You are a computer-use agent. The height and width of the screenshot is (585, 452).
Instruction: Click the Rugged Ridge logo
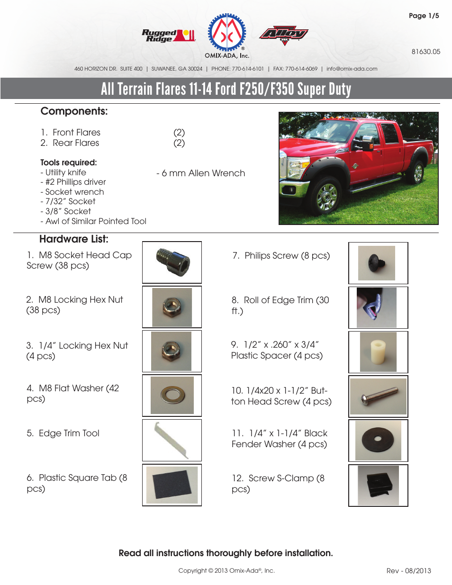click(x=168, y=36)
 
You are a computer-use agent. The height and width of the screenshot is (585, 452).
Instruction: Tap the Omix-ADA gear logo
click(x=228, y=33)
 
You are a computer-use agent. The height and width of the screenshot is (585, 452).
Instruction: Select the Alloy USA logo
click(x=284, y=35)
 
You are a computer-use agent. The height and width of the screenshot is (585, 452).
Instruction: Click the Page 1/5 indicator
click(x=424, y=16)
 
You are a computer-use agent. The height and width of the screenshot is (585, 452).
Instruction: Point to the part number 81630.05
click(x=425, y=52)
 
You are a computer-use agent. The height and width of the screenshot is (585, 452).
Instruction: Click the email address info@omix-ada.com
click(x=352, y=69)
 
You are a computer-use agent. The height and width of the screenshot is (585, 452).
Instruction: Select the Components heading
click(x=74, y=111)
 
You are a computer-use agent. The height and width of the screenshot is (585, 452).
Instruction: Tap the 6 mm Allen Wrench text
click(x=201, y=173)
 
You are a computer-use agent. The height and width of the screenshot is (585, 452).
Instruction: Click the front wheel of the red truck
click(x=326, y=196)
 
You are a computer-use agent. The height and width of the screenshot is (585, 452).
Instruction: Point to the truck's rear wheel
click(x=418, y=172)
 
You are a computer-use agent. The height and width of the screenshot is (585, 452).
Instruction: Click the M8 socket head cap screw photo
click(x=172, y=262)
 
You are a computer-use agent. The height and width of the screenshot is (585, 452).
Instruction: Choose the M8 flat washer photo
click(x=172, y=395)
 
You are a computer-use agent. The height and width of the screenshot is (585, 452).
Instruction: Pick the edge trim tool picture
click(x=172, y=441)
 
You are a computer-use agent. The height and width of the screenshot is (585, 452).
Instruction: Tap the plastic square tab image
click(x=172, y=485)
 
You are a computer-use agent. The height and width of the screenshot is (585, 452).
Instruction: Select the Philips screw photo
click(x=377, y=263)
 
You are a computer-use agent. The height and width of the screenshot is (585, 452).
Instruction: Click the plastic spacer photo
click(x=378, y=352)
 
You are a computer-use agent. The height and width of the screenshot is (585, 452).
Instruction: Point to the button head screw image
click(x=378, y=396)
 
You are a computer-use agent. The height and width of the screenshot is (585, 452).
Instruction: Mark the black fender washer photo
click(x=378, y=441)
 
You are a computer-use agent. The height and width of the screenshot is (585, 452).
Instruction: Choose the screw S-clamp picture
click(x=378, y=486)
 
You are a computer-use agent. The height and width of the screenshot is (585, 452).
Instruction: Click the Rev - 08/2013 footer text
click(x=408, y=571)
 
